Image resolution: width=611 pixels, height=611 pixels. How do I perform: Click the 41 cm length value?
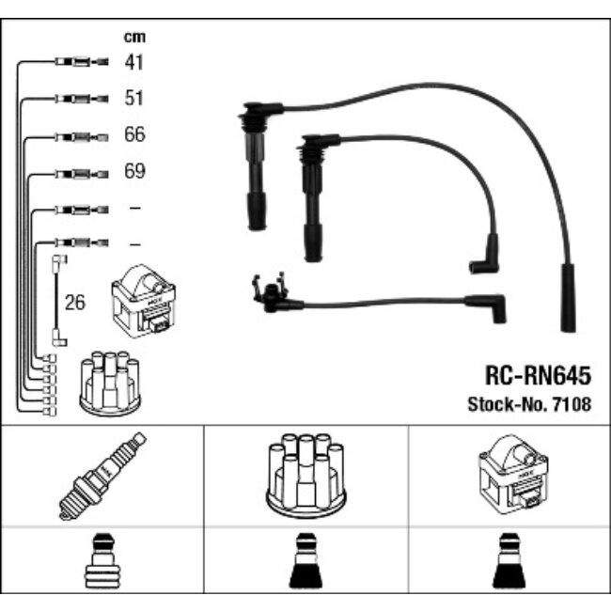[x=134, y=62]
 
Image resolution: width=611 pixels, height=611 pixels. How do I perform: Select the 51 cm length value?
[x=134, y=98]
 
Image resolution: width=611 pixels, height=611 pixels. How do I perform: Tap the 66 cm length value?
[x=134, y=134]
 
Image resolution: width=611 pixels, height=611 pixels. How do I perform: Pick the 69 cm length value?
[x=134, y=171]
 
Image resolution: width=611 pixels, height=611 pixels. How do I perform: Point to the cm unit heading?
[x=134, y=37]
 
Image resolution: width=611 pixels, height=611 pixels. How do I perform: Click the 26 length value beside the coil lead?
[x=75, y=303]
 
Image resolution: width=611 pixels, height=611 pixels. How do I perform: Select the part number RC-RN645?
[x=538, y=376]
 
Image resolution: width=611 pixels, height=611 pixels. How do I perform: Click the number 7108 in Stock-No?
[x=572, y=404]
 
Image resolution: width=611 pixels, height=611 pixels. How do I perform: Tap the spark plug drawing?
[x=102, y=476]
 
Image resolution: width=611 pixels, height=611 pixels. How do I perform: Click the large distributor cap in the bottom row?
[x=306, y=476]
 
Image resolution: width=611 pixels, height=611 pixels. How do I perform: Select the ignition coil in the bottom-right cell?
[x=513, y=475]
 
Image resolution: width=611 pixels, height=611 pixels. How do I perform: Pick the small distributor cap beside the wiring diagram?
[x=110, y=384]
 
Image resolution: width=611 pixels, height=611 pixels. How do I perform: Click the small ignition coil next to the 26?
[x=144, y=301]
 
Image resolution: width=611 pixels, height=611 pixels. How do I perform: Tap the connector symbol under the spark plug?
[x=102, y=561]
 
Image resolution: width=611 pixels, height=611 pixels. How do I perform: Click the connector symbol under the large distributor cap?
[x=305, y=561]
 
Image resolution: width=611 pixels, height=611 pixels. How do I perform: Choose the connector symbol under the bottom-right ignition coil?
[x=509, y=561]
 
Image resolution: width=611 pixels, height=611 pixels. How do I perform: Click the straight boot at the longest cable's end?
[x=568, y=298]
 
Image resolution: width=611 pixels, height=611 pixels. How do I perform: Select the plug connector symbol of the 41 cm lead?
[x=82, y=61]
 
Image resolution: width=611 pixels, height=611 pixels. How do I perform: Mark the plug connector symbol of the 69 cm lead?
[x=82, y=174]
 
